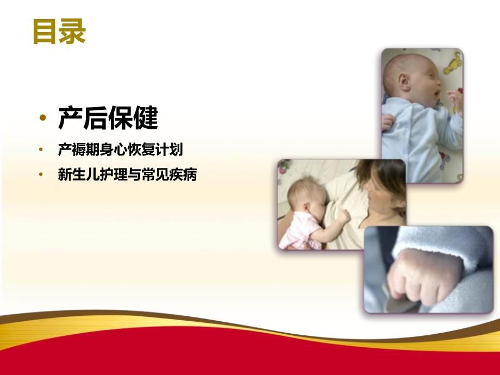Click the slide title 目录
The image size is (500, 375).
click(x=59, y=32)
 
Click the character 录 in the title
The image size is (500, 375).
click(x=73, y=32)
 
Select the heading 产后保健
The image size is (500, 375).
click(x=108, y=118)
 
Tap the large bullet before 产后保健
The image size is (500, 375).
click(x=43, y=120)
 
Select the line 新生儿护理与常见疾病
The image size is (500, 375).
click(x=127, y=175)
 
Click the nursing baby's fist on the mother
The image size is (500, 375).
click(x=343, y=216)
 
